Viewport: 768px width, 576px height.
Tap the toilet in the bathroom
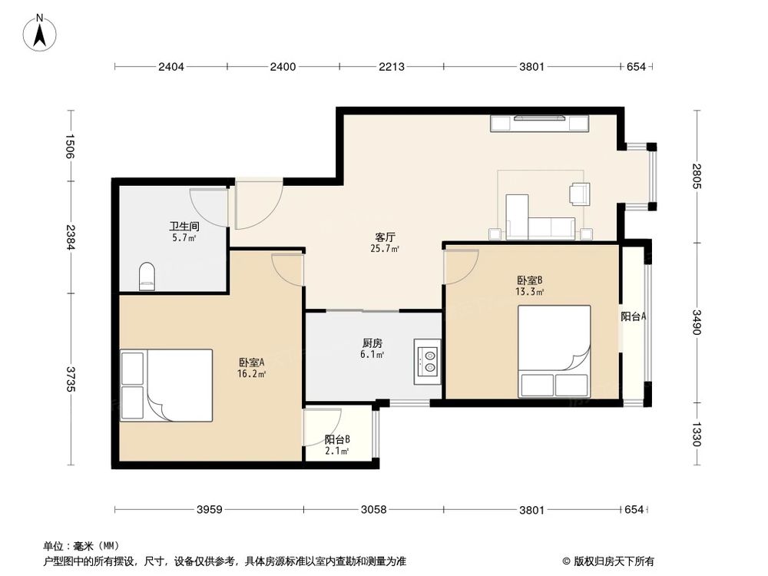(x=146, y=277)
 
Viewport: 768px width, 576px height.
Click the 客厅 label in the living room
(x=385, y=237)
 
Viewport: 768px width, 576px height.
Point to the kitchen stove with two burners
(x=428, y=361)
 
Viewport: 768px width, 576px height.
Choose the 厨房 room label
(x=372, y=343)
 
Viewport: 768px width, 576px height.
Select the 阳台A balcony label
(x=633, y=316)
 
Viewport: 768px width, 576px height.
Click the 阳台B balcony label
(x=337, y=439)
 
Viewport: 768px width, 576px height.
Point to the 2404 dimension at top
(x=171, y=68)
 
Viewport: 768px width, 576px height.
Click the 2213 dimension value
(x=391, y=68)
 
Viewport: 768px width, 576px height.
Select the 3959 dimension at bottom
(x=210, y=509)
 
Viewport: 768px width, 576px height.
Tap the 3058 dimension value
(x=373, y=509)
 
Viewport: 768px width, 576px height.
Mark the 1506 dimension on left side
(x=70, y=146)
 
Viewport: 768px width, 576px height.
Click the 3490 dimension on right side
(x=696, y=322)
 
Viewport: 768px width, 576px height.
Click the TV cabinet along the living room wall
(x=540, y=122)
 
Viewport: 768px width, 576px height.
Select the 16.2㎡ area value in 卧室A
(x=251, y=374)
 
